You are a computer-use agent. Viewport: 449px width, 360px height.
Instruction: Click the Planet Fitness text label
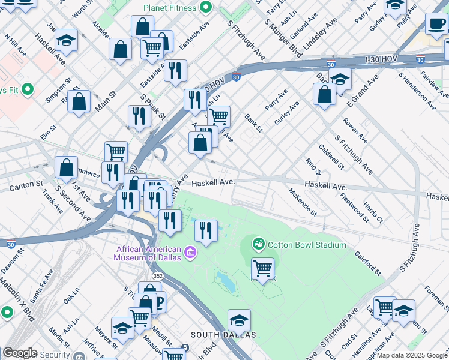click(170, 8)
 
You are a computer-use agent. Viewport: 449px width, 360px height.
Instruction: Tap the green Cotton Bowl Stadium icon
click(259, 244)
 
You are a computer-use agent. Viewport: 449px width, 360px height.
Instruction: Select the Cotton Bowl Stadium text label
click(307, 245)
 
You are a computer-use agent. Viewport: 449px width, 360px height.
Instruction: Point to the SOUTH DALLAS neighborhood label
click(223, 334)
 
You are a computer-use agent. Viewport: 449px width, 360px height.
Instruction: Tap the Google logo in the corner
click(20, 353)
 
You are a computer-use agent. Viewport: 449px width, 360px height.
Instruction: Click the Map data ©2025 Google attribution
click(411, 355)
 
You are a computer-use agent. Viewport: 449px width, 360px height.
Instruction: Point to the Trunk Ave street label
click(53, 202)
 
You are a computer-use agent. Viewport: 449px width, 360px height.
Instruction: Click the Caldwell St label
click(331, 157)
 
